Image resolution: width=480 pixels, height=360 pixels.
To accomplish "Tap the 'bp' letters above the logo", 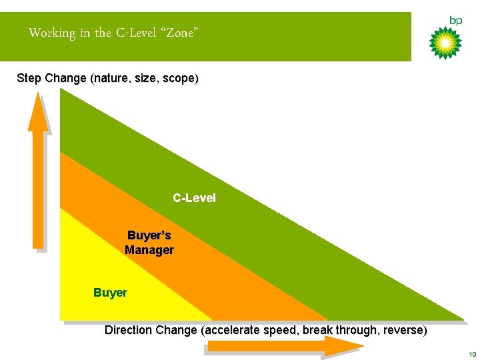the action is pyautogui.click(x=455, y=21).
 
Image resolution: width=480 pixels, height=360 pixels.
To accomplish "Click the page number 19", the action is pyautogui.click(x=471, y=354).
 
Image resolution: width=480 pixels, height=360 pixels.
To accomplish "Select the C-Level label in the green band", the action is pyautogui.click(x=194, y=198).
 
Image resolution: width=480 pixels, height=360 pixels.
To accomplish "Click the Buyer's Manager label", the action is pyautogui.click(x=149, y=243).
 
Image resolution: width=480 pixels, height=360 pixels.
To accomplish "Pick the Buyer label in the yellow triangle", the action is pyautogui.click(x=110, y=292).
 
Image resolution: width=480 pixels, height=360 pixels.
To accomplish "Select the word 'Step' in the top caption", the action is pyautogui.click(x=29, y=78).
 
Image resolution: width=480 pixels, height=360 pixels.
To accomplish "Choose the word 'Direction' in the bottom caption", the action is pyautogui.click(x=128, y=330).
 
